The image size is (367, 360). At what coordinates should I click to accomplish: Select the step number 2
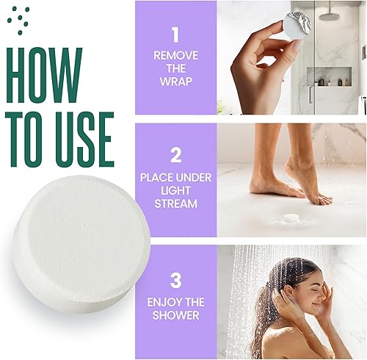[x=175, y=154]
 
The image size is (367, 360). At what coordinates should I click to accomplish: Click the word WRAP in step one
[x=175, y=81]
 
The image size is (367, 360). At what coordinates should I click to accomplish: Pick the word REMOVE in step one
[x=175, y=55]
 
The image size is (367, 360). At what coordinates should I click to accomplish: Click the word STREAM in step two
[x=175, y=202]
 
